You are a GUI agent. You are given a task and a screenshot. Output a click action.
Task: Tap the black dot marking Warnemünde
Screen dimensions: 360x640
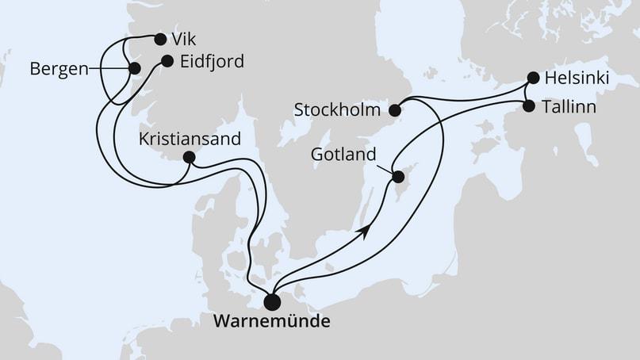[272, 301]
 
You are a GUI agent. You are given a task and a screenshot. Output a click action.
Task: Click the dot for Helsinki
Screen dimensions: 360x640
[533, 79]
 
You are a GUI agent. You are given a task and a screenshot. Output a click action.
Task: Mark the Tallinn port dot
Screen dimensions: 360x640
[529, 105]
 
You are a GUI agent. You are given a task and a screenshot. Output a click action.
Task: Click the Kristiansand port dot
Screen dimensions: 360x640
[189, 157]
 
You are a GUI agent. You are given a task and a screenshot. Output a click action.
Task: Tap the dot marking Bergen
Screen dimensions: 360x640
[134, 69]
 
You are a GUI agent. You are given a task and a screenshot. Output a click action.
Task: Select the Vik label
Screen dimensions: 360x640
[184, 39]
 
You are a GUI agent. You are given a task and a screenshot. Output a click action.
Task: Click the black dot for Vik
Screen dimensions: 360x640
[160, 39]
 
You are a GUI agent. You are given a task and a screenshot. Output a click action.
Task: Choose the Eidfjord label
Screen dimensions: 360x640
[213, 61]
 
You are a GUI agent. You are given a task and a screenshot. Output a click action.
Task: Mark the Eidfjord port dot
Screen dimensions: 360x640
[167, 60]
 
